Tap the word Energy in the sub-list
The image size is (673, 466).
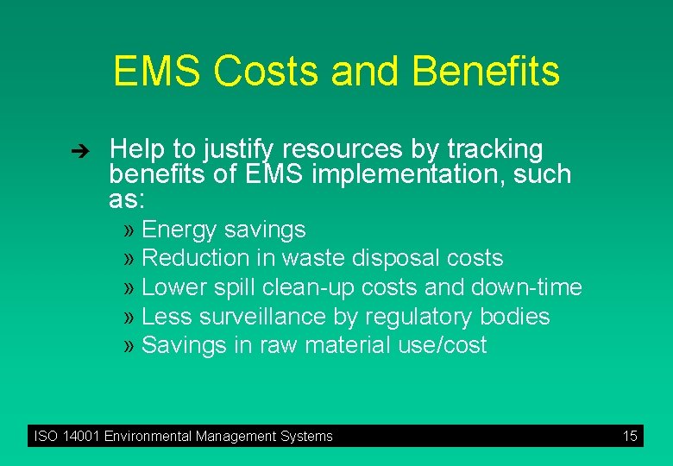(179, 230)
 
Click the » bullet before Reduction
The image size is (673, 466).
(129, 258)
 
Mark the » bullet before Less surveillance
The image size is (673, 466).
(129, 317)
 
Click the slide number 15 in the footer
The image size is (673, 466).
(630, 436)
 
